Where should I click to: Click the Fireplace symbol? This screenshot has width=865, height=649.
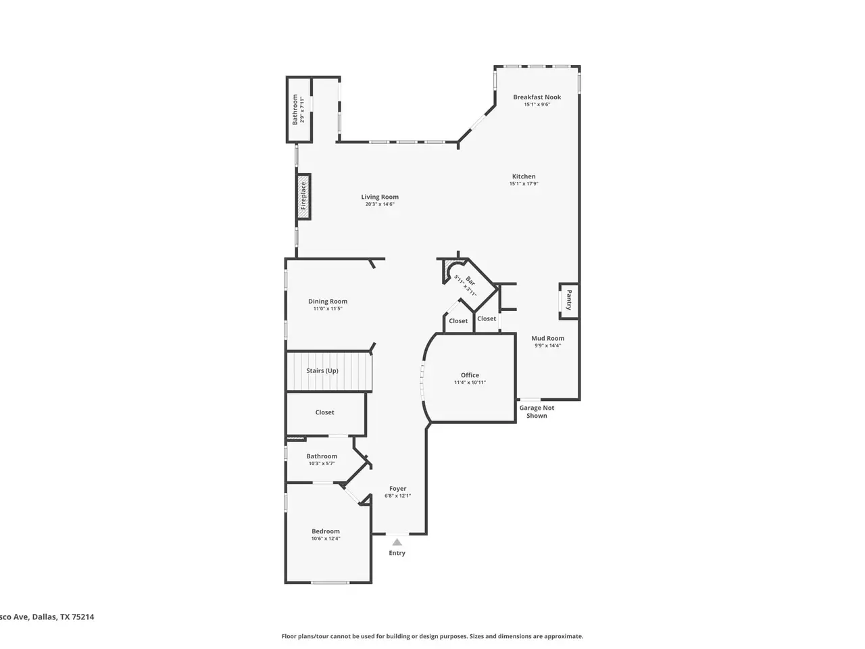(303, 196)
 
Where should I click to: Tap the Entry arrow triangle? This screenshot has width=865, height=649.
(397, 542)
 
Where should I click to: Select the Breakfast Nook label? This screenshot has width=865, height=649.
(537, 97)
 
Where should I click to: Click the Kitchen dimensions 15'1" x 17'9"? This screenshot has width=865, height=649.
(524, 184)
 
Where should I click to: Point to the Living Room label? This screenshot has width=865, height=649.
(380, 197)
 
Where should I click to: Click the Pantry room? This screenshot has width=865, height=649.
(568, 301)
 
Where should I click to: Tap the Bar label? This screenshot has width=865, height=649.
(470, 281)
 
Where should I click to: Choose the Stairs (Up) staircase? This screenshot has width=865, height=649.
(330, 371)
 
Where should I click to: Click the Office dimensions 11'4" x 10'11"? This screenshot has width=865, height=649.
(470, 382)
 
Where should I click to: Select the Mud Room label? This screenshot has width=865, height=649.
(547, 338)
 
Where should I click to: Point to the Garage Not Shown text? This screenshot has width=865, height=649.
(537, 412)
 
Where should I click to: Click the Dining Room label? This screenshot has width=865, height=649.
(328, 302)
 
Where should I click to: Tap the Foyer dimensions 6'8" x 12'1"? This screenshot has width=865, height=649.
(397, 496)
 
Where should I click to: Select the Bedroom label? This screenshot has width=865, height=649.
(326, 531)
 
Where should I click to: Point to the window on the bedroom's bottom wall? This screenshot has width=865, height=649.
(330, 582)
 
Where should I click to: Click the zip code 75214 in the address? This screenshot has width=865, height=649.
(82, 617)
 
